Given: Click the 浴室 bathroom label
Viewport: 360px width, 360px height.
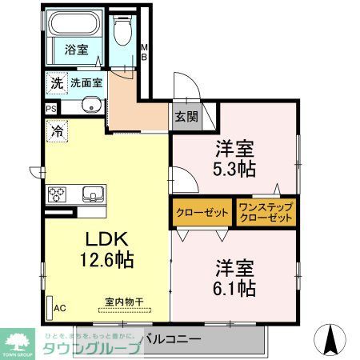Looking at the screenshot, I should coord(77,49).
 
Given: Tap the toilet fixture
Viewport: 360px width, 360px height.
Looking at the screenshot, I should coord(122,33).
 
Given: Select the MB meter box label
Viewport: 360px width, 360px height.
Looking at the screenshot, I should coord(144,52).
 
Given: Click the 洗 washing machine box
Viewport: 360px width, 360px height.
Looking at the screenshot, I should coord(56,82).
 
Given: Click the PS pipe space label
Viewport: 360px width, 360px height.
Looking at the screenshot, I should coord(51,108).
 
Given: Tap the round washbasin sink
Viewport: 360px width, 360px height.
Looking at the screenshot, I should coord(90,106).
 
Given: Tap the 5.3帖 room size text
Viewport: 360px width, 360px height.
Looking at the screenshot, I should coord(234,169).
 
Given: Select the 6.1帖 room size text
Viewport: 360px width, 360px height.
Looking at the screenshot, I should coord(234,286).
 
